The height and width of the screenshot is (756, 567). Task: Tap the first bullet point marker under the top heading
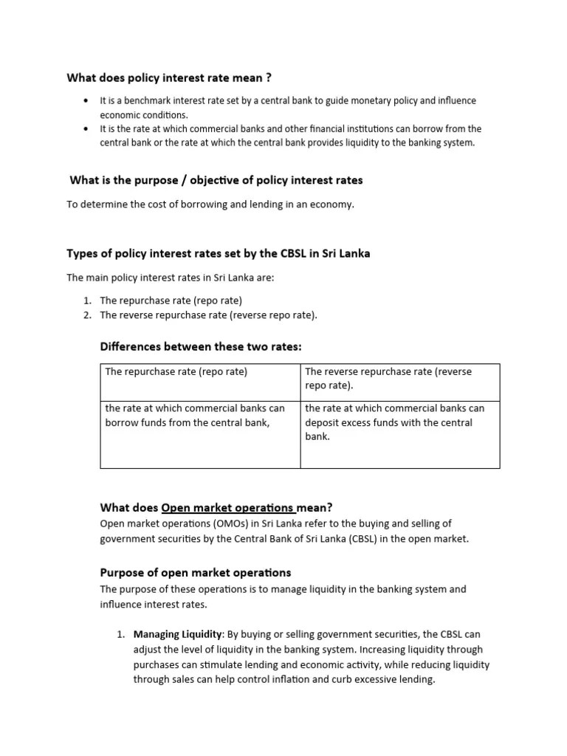[86, 100]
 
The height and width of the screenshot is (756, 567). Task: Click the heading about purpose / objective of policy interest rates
[216, 180]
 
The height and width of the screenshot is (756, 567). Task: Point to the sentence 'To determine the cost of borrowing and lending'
[210, 205]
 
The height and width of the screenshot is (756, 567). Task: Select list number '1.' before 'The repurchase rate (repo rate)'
[86, 300]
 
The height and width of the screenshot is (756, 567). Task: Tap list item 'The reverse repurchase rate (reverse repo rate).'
[209, 315]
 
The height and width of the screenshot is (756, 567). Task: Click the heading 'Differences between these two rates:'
[201, 346]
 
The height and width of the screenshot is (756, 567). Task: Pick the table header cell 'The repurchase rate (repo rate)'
[176, 371]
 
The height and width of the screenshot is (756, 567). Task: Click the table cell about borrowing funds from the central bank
[195, 415]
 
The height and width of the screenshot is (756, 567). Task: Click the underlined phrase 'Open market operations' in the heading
[227, 507]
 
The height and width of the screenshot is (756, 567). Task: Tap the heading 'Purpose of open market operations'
[195, 572]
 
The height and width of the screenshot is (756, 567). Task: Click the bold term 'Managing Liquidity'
[177, 634]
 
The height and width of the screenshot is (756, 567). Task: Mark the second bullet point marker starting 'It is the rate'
[86, 128]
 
